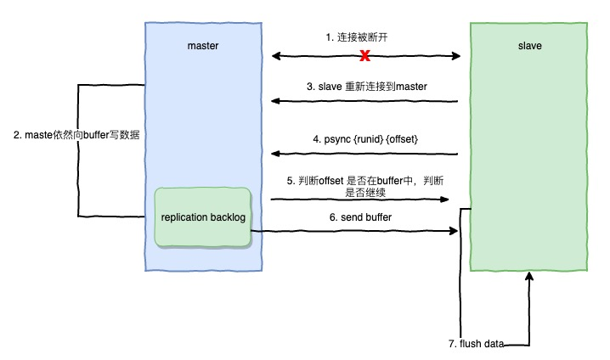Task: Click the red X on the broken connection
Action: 364,56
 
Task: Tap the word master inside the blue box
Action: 203,46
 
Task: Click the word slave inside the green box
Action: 529,46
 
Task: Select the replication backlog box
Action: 203,217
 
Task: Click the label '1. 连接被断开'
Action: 357,37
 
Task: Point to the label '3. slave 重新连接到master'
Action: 366,87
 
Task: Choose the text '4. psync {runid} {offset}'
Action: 365,139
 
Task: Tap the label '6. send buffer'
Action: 360,217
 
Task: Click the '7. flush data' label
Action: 476,344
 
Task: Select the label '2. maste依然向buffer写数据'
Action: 76,135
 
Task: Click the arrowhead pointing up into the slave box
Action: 529,276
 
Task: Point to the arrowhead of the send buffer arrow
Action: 453,231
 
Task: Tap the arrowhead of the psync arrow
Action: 275,154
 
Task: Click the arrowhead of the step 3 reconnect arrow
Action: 275,101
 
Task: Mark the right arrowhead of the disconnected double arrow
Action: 456,56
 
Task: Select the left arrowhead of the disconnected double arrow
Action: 276,56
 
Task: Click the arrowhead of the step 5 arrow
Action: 444,200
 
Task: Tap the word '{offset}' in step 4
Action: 402,139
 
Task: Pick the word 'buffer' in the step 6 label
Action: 378,217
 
